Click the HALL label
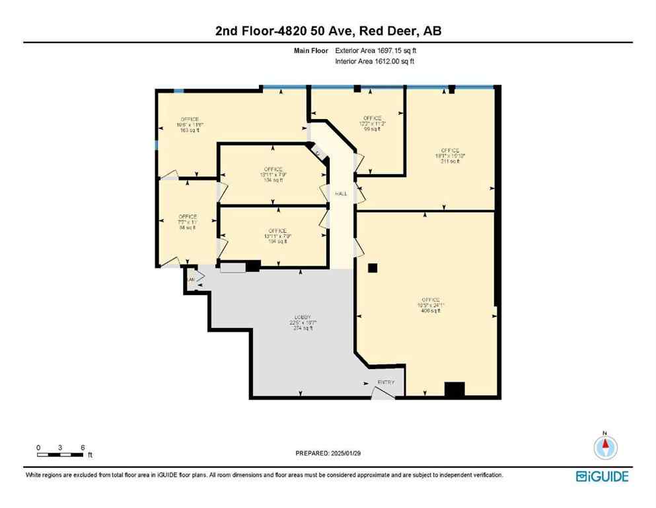point(341,194)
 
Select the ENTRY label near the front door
point(386,382)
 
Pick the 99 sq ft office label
point(372,124)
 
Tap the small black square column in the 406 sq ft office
point(373,268)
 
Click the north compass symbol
point(604,446)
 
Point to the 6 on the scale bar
point(83,448)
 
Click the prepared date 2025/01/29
point(348,453)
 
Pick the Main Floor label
point(311,50)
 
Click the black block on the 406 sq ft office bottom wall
point(455,390)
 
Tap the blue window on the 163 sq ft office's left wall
point(157,145)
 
